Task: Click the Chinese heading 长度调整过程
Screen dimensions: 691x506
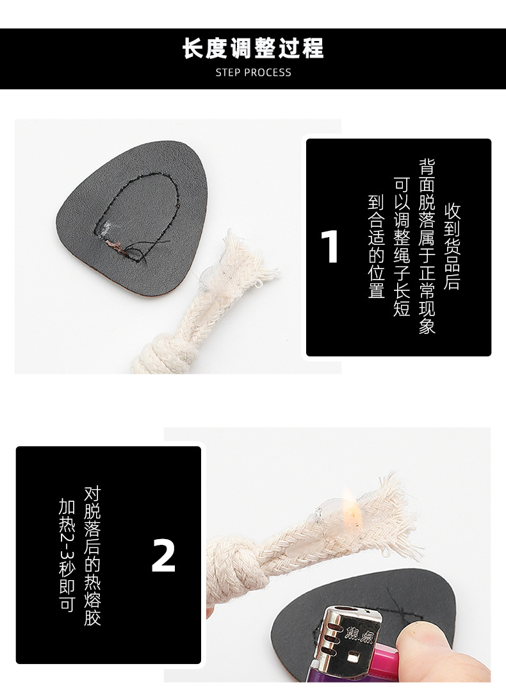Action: point(253,49)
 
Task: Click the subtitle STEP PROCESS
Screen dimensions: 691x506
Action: point(253,72)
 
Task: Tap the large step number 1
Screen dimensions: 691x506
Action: point(330,247)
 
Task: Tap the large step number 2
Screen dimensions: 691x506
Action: point(163,556)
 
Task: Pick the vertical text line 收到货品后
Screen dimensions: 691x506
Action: point(452,247)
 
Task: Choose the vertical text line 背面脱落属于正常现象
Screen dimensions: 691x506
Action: point(427,247)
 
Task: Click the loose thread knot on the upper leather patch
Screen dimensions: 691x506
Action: point(118,246)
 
